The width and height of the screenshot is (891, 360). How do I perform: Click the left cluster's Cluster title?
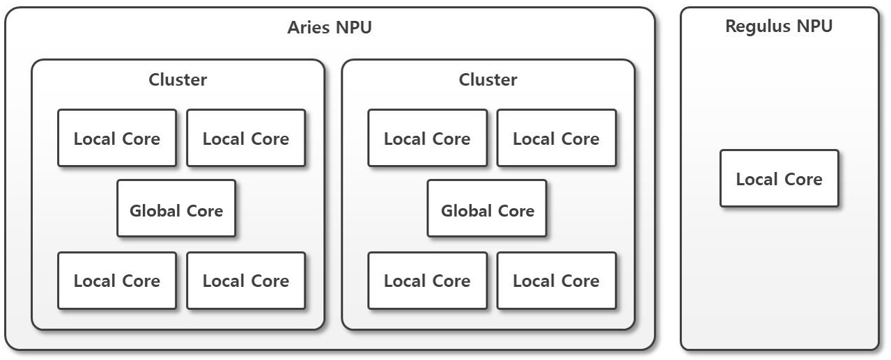point(178,80)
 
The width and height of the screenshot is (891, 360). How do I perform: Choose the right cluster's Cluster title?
point(488,80)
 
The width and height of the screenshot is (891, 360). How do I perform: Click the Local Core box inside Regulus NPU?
point(779,178)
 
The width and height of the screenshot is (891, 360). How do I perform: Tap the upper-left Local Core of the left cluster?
point(117,138)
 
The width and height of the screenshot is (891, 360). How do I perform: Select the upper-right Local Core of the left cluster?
point(246,138)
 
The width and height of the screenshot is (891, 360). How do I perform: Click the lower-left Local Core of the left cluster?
point(117,281)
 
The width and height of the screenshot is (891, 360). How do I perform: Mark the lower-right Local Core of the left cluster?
point(246,281)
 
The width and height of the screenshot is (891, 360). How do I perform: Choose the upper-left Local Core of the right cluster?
point(427,138)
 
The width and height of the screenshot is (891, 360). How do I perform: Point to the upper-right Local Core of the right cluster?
point(556,138)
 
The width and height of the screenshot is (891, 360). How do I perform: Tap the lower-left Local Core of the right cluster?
point(427,281)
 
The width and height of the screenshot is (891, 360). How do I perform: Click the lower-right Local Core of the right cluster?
point(556,281)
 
